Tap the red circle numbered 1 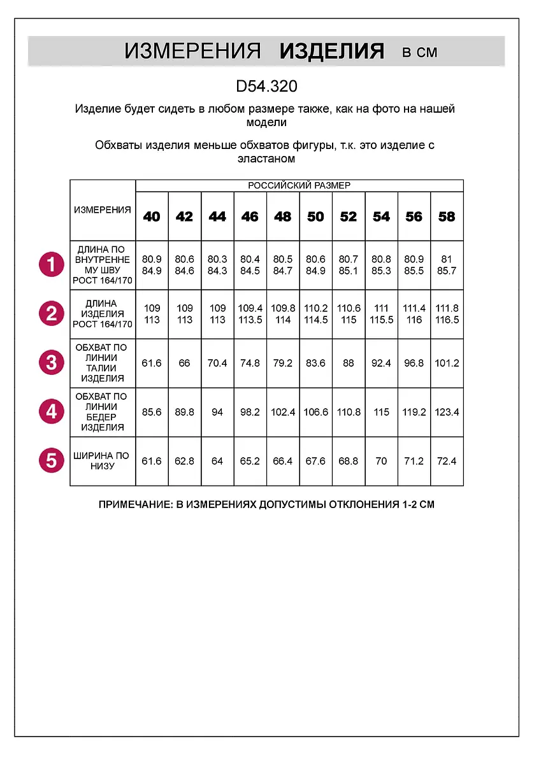tap(51, 264)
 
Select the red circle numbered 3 tap(51, 363)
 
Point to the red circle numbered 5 tap(51, 460)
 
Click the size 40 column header tap(152, 216)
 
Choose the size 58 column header tap(447, 216)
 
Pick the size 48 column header tap(283, 216)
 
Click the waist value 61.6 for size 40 tap(152, 363)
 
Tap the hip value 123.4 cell tap(447, 412)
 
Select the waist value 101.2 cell tap(447, 363)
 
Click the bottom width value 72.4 tap(447, 461)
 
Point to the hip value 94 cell tap(217, 412)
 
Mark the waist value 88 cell tap(349, 363)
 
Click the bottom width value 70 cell tap(381, 461)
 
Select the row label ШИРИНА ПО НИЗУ tap(102, 461)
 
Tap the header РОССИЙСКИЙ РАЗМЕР tap(299, 185)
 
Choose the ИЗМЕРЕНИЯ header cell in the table tap(102, 210)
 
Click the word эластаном tap(266, 159)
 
